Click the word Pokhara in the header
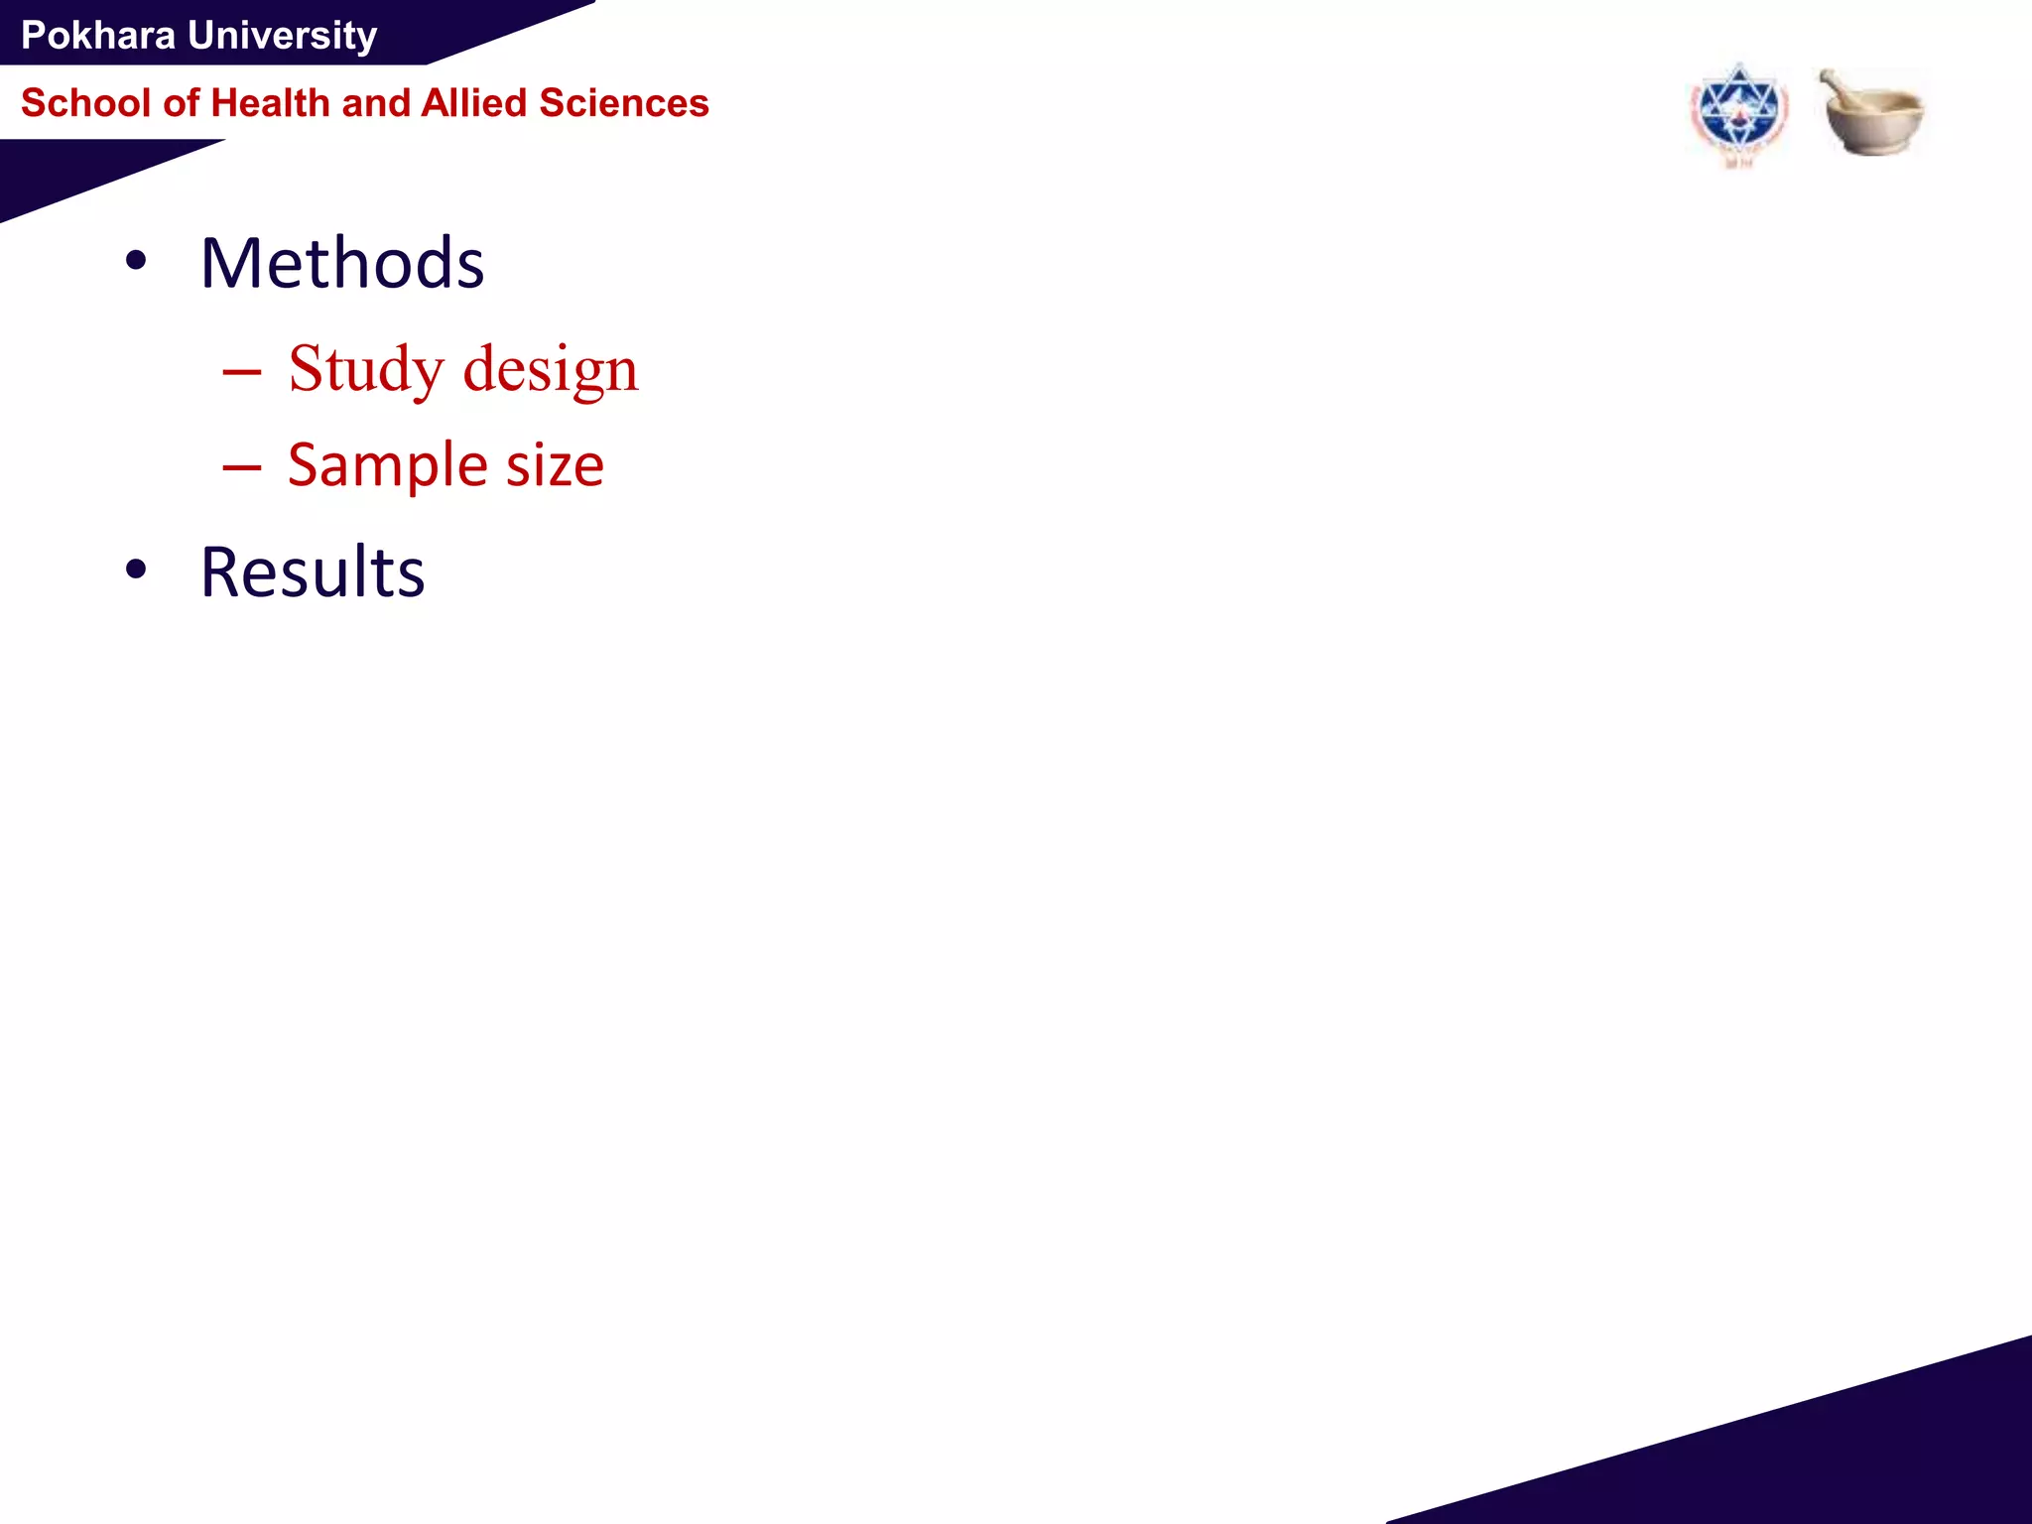[97, 36]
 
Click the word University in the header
[283, 36]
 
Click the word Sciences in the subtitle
[624, 103]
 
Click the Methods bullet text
[342, 264]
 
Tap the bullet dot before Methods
[136, 262]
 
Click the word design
[551, 369]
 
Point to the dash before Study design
[242, 372]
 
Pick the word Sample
[388, 465]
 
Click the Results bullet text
[313, 572]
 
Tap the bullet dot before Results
[136, 570]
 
